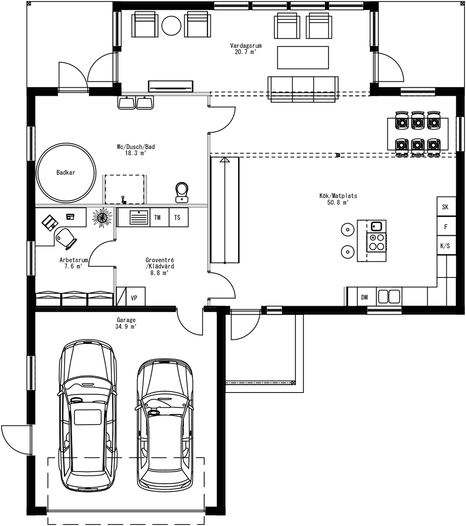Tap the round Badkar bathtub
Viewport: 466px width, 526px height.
[x=66, y=173]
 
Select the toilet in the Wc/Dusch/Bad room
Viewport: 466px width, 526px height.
[x=181, y=192]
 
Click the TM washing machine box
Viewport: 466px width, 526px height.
[x=158, y=218]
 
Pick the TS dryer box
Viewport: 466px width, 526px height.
[x=178, y=218]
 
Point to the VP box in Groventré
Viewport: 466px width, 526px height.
[x=134, y=298]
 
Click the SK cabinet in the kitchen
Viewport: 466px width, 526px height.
[x=446, y=207]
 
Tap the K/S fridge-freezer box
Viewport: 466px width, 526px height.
[x=446, y=246]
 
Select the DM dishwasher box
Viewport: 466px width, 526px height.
[x=365, y=297]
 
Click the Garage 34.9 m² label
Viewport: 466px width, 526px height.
[x=126, y=323]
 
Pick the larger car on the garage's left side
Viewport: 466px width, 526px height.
[x=88, y=415]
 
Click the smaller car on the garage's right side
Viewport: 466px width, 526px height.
[x=165, y=425]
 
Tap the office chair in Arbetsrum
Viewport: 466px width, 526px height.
[x=65, y=238]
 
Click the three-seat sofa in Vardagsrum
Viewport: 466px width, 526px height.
[x=303, y=89]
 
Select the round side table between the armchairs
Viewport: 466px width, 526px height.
[x=171, y=25]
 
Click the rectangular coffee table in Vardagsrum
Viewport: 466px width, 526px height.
[x=303, y=58]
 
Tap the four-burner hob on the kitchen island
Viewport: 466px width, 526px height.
[x=377, y=242]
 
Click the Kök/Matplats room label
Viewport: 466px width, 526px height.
[x=338, y=199]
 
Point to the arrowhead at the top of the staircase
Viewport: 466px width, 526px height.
[x=225, y=160]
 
